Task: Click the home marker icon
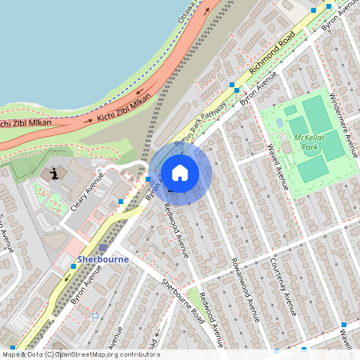click(180, 173)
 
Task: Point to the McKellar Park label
click(308, 143)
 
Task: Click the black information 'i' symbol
click(54, 173)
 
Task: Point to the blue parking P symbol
click(95, 316)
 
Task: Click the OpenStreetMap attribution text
click(80, 354)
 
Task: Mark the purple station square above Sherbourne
click(102, 248)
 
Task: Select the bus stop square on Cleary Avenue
click(120, 201)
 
